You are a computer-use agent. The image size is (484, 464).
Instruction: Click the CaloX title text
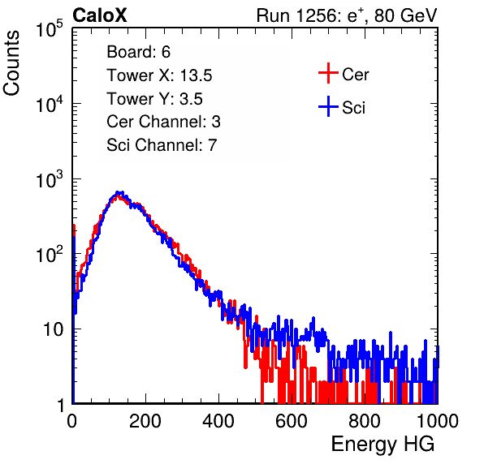pos(100,15)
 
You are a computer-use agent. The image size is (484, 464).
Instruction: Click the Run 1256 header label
pos(347,15)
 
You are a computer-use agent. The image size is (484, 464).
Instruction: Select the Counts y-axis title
pos(11,63)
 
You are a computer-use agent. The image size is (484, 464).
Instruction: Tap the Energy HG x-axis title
pos(382,445)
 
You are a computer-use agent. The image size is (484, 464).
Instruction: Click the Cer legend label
pos(355,75)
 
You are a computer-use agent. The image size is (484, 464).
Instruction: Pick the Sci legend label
pos(354,108)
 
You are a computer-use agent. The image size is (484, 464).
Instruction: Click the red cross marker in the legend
pos(328,73)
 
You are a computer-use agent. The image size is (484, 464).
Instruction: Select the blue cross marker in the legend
pos(328,106)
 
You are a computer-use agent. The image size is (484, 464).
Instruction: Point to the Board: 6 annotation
pos(138,52)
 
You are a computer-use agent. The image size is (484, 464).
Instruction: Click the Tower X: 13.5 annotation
pos(159,75)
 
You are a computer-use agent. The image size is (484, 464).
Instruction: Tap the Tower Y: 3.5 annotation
pos(154,99)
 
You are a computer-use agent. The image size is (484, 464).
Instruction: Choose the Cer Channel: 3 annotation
pos(163,122)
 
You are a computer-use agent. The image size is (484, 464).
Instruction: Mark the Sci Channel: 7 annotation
pos(162,145)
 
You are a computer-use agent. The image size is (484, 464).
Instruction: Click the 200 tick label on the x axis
pos(145,421)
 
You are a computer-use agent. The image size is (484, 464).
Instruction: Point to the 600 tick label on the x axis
pos(292,421)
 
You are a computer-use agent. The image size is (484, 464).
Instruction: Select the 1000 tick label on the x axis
pos(438,421)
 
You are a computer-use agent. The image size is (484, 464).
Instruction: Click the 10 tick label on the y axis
pos(54,329)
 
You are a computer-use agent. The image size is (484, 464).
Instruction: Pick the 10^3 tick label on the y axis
pos(50,180)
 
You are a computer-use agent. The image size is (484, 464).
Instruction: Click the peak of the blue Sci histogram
pos(118,192)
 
